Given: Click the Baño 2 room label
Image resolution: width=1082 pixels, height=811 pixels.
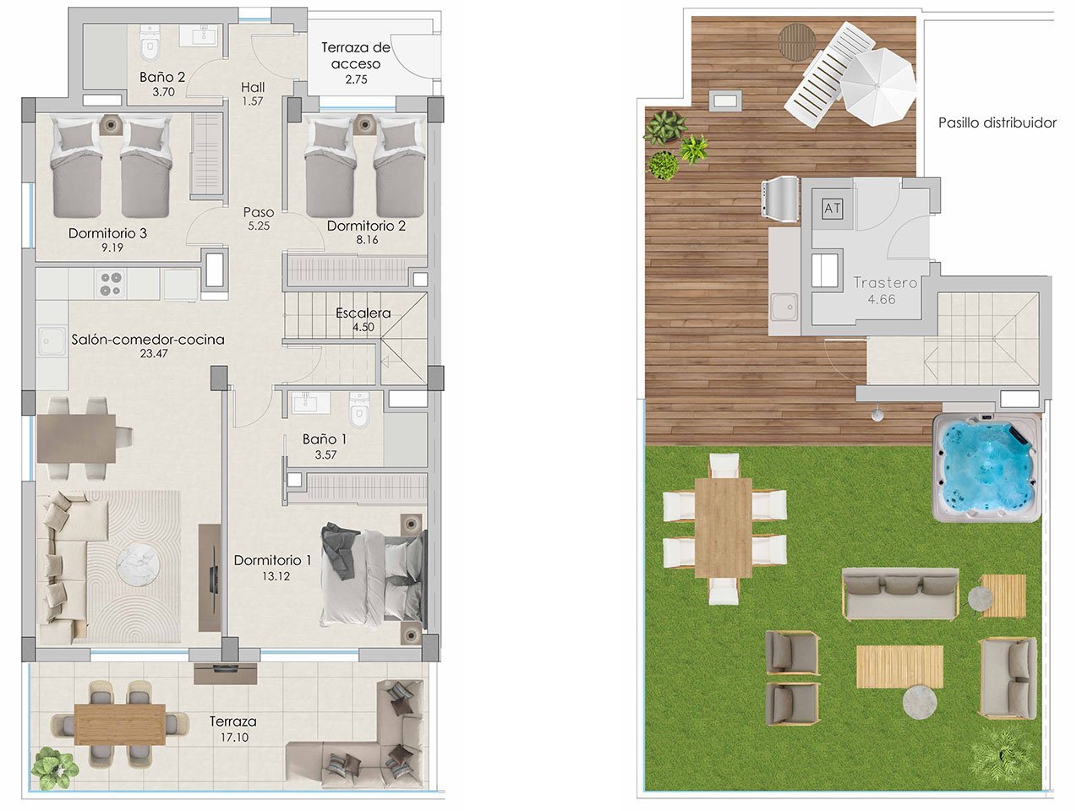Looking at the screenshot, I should point(162,77).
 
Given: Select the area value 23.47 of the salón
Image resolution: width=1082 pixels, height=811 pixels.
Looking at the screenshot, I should point(154,354).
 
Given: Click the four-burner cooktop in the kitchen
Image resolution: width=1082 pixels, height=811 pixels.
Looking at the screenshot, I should point(109,283).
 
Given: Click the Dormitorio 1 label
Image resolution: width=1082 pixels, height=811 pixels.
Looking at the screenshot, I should point(273,560).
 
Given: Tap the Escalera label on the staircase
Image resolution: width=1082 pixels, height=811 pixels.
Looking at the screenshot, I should point(363,313).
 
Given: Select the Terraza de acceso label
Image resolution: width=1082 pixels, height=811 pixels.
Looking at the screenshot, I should point(356,56).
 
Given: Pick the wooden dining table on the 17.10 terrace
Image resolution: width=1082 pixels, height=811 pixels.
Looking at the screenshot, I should point(120,724).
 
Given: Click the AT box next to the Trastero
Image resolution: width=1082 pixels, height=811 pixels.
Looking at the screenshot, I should point(832,208).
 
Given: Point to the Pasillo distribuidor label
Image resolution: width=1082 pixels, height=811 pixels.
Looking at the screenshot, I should point(997,122).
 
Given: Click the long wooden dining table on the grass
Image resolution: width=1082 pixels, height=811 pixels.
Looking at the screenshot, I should point(724,527).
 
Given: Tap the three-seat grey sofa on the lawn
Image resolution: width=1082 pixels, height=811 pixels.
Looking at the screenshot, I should point(900,592).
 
